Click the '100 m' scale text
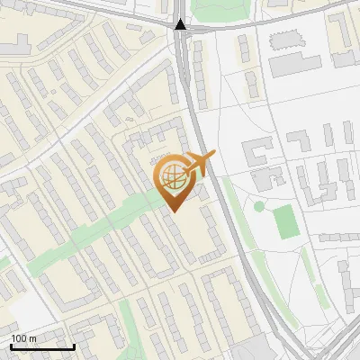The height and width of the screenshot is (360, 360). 24,337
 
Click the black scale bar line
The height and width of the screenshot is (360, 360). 42,346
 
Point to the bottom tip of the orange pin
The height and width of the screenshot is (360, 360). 173,211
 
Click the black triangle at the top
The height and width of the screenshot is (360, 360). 181,24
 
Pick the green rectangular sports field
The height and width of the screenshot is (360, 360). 284,222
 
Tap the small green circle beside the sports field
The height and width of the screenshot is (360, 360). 259,206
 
